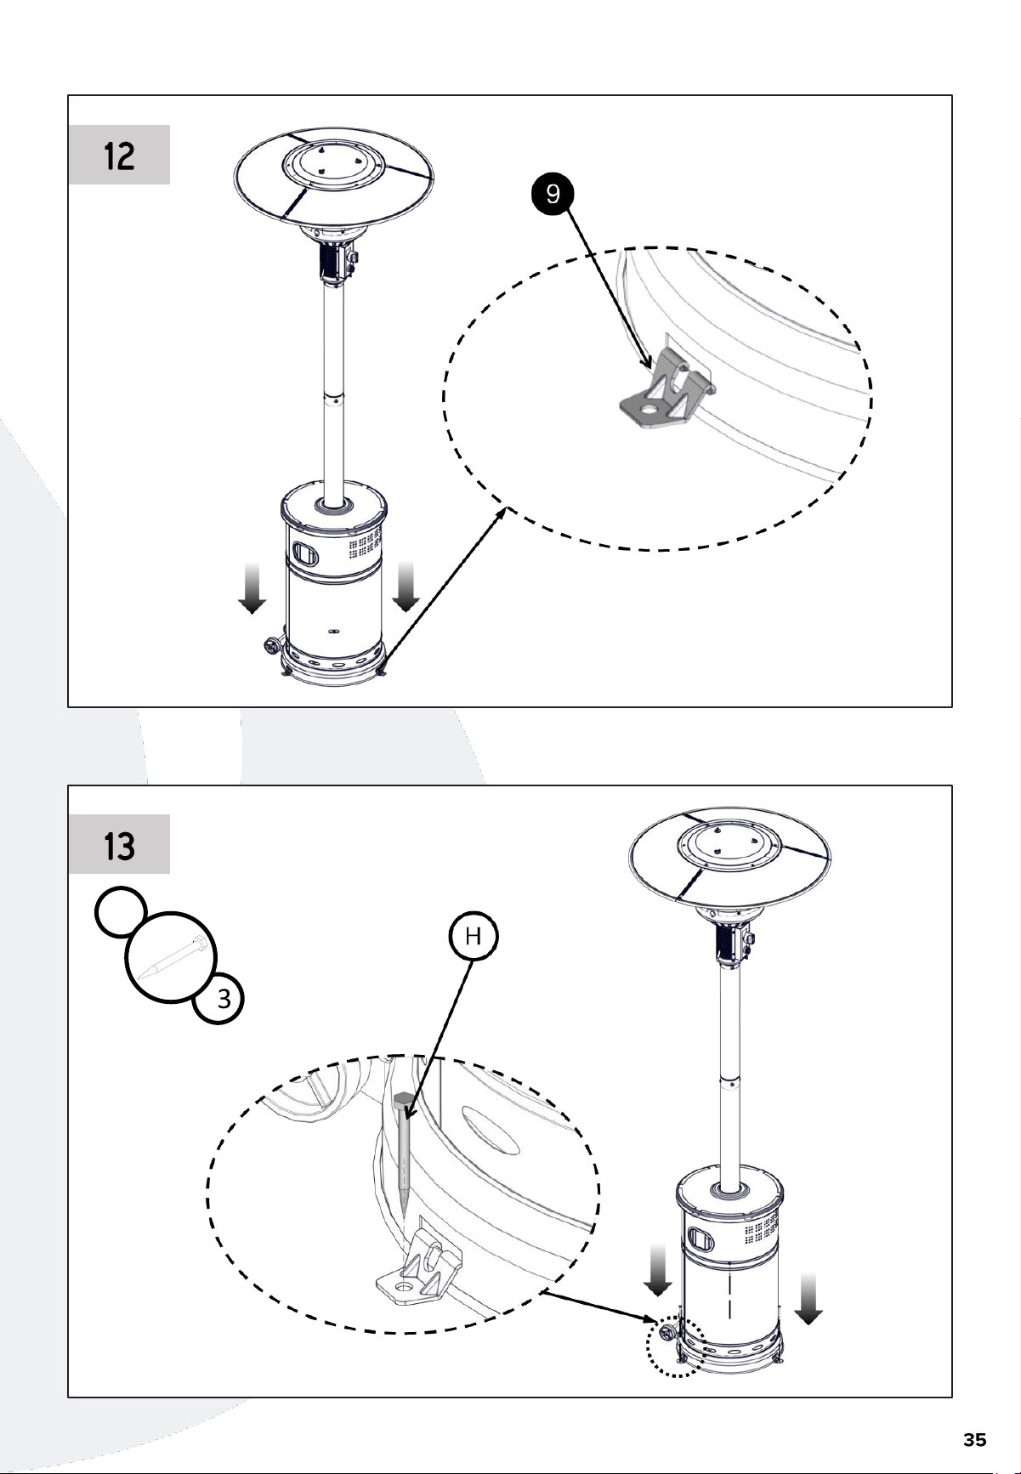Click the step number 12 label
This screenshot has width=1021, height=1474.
[x=119, y=156]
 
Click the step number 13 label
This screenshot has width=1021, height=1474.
[x=119, y=846]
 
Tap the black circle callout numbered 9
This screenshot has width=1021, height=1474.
[x=553, y=195]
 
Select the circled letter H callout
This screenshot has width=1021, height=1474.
[x=473, y=937]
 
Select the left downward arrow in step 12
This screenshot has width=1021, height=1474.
[x=251, y=587]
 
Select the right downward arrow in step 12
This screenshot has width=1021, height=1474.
[x=406, y=587]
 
